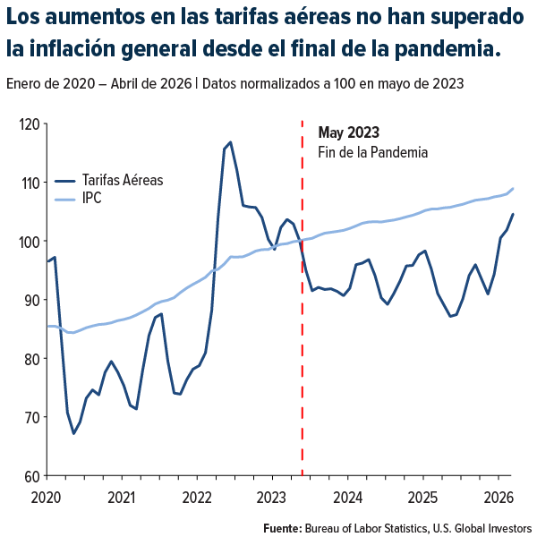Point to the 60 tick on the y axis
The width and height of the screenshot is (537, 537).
tap(32, 475)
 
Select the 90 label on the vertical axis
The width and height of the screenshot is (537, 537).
tap(32, 300)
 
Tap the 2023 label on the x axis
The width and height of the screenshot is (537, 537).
tap(271, 496)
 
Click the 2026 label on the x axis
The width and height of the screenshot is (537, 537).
tap(499, 496)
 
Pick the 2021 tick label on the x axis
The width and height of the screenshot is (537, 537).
tap(121, 496)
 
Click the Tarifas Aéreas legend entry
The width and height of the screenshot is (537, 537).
tap(122, 179)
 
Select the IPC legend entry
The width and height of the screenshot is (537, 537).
tap(91, 197)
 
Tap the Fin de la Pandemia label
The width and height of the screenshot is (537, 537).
tap(372, 152)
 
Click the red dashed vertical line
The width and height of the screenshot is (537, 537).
tap(302, 358)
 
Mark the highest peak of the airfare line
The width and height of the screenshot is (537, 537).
tap(230, 142)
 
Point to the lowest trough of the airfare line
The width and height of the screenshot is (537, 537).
tap(74, 433)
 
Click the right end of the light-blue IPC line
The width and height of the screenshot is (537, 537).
tap(512, 189)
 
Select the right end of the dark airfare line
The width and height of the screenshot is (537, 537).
tap(512, 214)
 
